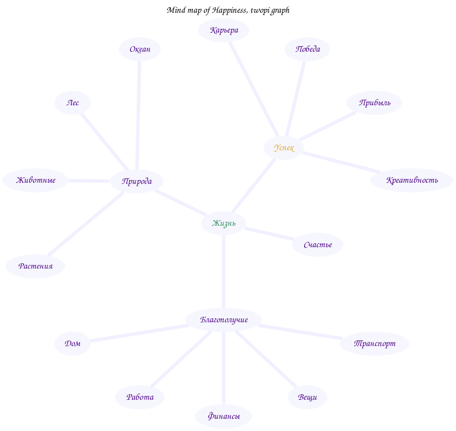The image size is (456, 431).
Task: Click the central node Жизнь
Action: click(223, 223)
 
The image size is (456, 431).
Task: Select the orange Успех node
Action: click(284, 148)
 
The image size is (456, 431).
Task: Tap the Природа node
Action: click(136, 181)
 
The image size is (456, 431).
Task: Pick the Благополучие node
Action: click(224, 320)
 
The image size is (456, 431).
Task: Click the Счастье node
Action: click(317, 245)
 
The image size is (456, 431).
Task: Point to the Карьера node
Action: click(224, 30)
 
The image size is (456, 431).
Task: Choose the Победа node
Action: click(307, 49)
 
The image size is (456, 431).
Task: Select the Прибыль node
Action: click(374, 103)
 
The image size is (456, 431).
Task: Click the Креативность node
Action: click(412, 180)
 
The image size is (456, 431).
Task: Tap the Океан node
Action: click(140, 49)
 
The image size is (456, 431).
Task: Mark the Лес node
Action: click(72, 103)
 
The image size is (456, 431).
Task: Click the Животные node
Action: click(35, 180)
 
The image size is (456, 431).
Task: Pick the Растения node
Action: click(35, 266)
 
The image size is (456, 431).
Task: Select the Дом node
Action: click(72, 343)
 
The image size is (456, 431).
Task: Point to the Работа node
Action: click(140, 397)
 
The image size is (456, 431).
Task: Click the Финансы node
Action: click(224, 416)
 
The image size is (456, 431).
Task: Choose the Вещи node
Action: click(307, 397)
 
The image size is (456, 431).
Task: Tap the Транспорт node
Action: click(374, 343)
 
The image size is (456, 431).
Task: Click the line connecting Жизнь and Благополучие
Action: click(223, 272)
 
